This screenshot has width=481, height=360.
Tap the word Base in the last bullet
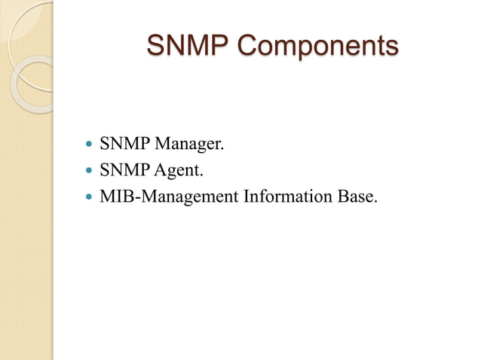(354, 197)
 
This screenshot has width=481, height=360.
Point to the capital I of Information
(246, 197)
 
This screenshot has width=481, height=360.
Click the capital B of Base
(342, 197)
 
